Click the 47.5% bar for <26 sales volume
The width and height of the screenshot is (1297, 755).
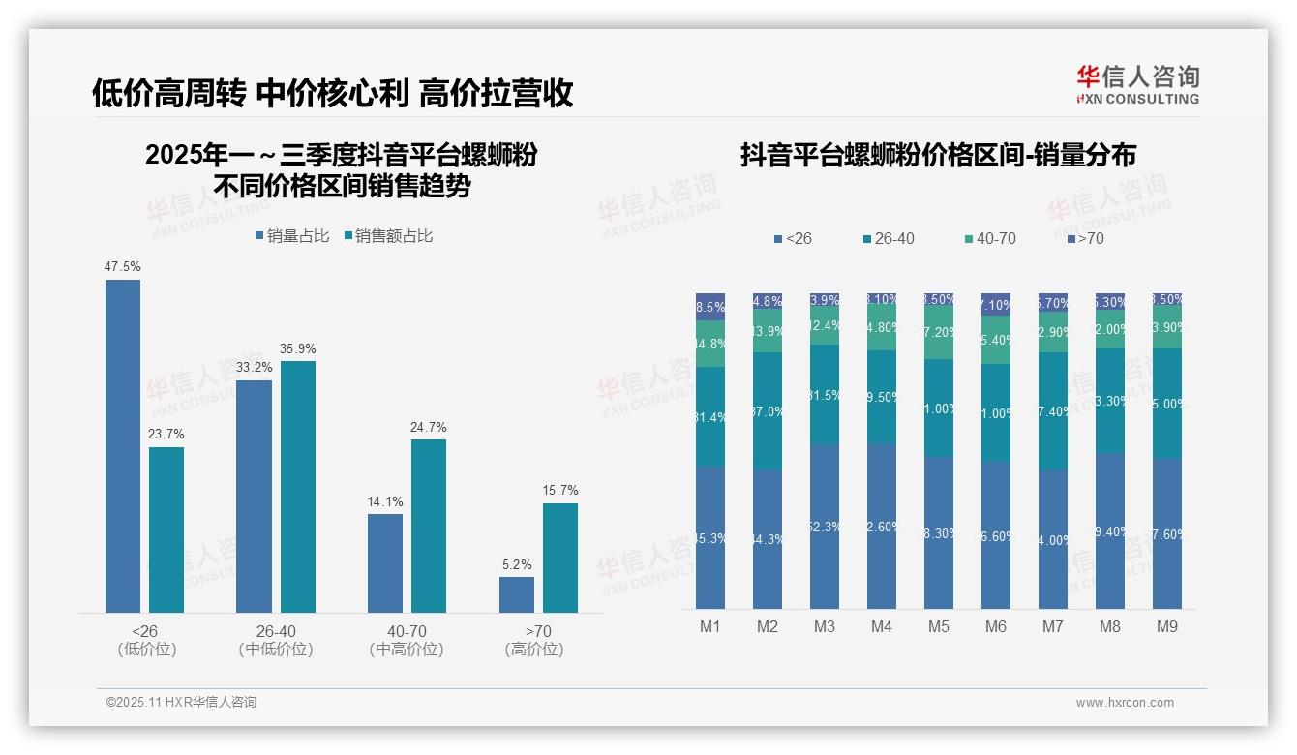[123, 445]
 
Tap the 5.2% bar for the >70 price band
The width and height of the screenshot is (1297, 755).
[517, 594]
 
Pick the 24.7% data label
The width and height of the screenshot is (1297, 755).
[429, 427]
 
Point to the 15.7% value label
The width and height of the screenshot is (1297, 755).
[560, 491]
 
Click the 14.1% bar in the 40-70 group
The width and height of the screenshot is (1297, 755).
[385, 562]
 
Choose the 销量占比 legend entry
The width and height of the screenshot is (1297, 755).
[292, 236]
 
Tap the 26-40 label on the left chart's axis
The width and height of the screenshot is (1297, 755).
[275, 631]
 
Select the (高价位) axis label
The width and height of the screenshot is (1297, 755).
[534, 649]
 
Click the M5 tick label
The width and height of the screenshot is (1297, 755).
[939, 626]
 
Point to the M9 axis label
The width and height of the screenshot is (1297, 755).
[1167, 626]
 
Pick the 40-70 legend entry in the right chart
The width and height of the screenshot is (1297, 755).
[990, 238]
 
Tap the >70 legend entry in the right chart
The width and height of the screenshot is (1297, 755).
[1085, 238]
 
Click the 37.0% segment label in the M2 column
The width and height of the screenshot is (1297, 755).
[768, 411]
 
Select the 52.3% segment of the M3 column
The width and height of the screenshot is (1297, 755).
[825, 527]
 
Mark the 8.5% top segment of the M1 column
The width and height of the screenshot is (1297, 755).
[710, 307]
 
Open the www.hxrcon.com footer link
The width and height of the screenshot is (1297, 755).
[1125, 703]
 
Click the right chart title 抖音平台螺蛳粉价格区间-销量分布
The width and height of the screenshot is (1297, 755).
[938, 155]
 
